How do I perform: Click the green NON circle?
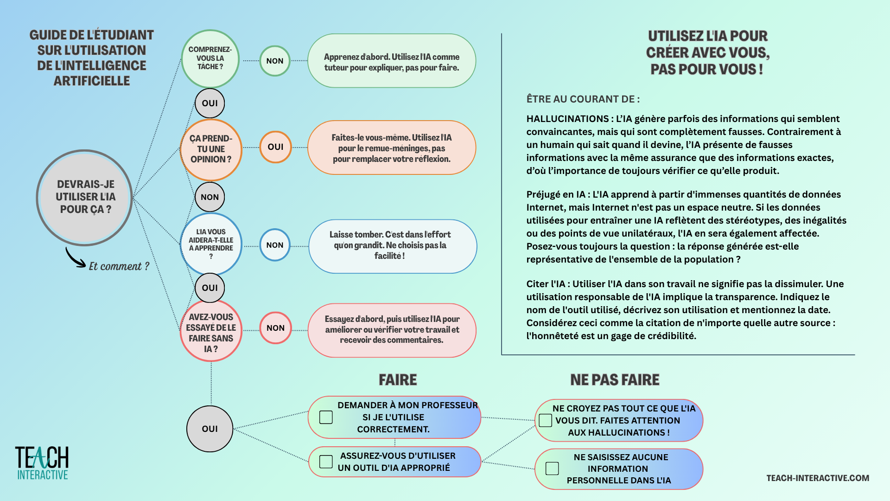(x=274, y=61)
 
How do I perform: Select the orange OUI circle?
(x=275, y=147)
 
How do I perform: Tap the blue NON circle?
(x=274, y=245)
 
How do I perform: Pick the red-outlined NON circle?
(x=275, y=328)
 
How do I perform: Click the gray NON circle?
(x=210, y=197)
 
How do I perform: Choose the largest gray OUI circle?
(x=210, y=429)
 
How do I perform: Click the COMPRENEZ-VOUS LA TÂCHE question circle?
(x=210, y=58)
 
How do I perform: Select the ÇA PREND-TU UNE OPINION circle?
(x=210, y=149)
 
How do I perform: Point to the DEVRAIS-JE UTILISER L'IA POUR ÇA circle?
(x=85, y=197)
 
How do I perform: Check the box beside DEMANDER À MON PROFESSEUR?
(x=326, y=417)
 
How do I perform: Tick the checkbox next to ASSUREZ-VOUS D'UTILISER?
(x=326, y=462)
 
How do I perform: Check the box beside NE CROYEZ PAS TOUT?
(x=545, y=420)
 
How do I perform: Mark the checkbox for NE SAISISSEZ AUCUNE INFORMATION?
(x=552, y=469)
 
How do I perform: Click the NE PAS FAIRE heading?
(x=615, y=380)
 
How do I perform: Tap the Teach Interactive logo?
(x=42, y=463)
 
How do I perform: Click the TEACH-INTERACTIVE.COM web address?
(x=818, y=478)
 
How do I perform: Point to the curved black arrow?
(x=74, y=257)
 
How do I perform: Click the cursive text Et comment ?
(x=119, y=266)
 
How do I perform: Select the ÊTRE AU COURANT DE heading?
(x=583, y=99)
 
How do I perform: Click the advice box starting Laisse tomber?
(x=392, y=246)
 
